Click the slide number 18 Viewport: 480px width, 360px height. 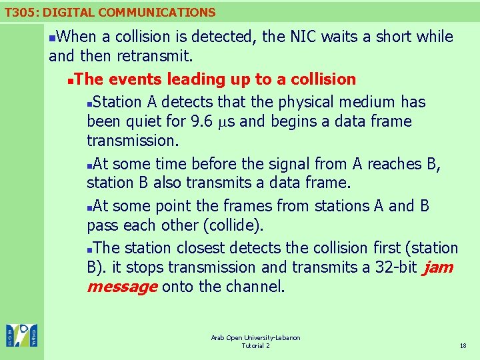coord(463,345)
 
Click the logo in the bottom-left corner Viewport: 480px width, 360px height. coord(22,335)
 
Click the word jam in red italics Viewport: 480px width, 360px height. coord(437,267)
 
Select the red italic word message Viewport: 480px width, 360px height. coord(122,287)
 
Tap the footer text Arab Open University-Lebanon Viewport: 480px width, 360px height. coord(255,338)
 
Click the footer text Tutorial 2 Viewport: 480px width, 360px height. coord(255,345)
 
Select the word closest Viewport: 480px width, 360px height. coord(197,248)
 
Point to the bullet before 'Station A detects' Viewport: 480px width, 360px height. coord(91,103)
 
